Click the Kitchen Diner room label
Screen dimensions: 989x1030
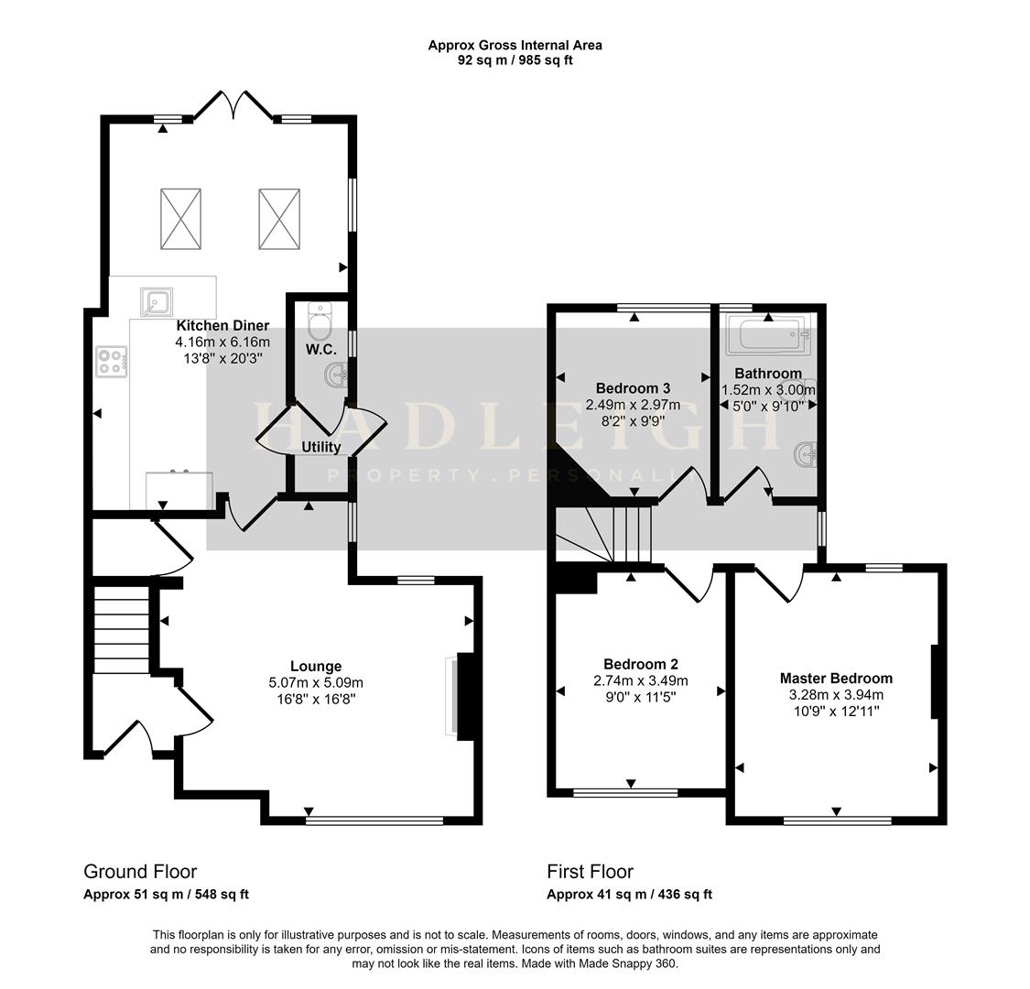click(222, 325)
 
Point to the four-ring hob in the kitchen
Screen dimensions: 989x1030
click(111, 361)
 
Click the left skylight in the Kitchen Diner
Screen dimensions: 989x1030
click(180, 218)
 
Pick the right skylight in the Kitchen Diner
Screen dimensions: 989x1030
click(279, 218)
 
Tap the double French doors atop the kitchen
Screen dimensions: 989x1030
click(233, 104)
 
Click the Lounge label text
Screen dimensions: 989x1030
click(316, 667)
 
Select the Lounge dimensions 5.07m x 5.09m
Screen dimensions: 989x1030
click(316, 682)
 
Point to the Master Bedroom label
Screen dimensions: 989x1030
click(836, 679)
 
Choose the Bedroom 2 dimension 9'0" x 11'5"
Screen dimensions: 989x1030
click(640, 696)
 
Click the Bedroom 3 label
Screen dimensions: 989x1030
click(633, 388)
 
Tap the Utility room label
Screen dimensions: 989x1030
click(321, 447)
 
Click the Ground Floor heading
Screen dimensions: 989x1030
click(140, 872)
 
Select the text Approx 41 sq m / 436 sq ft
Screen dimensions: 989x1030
click(629, 895)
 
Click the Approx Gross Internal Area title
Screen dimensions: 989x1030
click(515, 45)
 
